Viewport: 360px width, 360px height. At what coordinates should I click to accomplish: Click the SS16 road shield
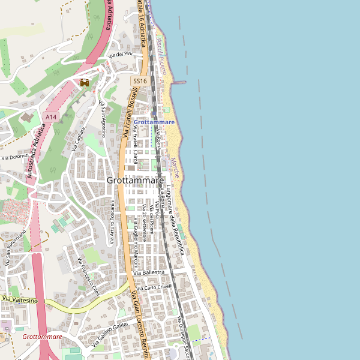pyautogui.click(x=140, y=80)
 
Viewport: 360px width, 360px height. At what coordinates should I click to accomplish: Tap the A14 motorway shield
pyautogui.click(x=50, y=116)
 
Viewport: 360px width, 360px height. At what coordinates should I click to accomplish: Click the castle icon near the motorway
pyautogui.click(x=85, y=83)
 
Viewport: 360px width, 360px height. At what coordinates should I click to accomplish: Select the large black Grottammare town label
pyautogui.click(x=135, y=180)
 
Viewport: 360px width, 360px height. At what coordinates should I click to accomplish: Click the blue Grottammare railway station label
pyautogui.click(x=154, y=122)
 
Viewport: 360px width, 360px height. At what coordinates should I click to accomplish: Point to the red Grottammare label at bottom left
pyautogui.click(x=42, y=337)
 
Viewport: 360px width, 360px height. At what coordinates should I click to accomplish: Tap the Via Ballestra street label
pyautogui.click(x=148, y=272)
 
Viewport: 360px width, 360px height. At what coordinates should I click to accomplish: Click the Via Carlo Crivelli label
pyautogui.click(x=155, y=287)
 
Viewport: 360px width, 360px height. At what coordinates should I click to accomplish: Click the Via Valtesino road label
pyautogui.click(x=20, y=299)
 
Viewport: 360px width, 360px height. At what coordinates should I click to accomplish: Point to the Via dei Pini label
pyautogui.click(x=120, y=55)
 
